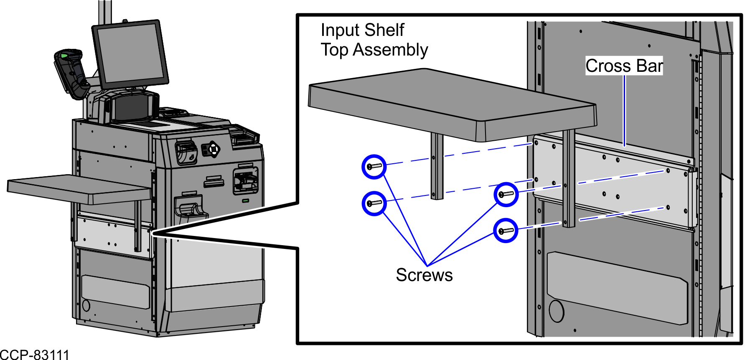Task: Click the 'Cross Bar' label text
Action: tap(624, 66)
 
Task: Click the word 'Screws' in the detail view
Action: tap(424, 275)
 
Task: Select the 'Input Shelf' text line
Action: tap(362, 30)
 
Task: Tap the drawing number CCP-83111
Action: tap(34, 355)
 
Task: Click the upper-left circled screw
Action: tap(374, 167)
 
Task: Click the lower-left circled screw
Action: tap(374, 203)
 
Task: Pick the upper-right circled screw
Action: tap(506, 194)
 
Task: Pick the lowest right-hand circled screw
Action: tap(506, 231)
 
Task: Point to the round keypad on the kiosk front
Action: tap(213, 149)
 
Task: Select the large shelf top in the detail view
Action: tap(451, 104)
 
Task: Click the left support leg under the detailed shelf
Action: tap(437, 167)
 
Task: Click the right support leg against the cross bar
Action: tap(569, 180)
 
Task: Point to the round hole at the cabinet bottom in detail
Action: tap(556, 311)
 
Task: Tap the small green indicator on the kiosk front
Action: tap(246, 201)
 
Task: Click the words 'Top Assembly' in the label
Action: tap(374, 50)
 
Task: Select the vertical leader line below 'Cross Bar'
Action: tap(624, 111)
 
